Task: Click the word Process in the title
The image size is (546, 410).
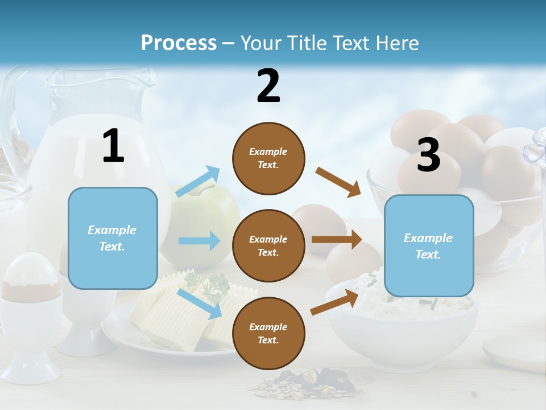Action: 179,43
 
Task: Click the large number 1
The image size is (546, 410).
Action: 113,146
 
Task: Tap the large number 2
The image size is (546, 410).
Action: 268,86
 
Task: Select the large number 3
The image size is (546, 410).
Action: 428,155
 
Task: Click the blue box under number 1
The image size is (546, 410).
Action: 113,238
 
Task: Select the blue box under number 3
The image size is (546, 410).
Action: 429,245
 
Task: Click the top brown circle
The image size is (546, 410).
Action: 268,158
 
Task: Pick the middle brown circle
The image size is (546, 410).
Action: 268,245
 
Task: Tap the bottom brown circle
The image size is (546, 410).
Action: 268,333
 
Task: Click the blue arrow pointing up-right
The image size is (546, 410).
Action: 198,182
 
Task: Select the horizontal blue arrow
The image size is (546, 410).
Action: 199,241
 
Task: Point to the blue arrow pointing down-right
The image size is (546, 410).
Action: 199,304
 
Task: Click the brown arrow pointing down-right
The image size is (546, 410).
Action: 338,182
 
